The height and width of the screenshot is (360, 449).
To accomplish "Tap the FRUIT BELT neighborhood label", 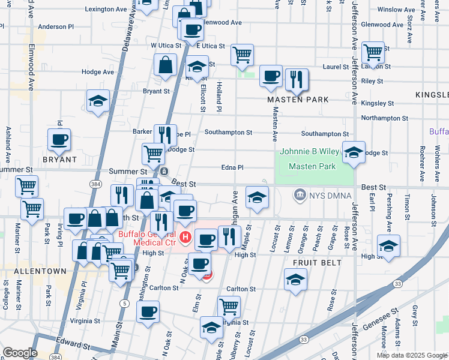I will click(x=317, y=263).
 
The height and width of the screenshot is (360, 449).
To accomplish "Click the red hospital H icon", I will click(x=185, y=238).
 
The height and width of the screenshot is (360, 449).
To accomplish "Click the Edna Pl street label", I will click(x=232, y=168).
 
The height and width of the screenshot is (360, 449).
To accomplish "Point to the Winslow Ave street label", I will click(x=396, y=10).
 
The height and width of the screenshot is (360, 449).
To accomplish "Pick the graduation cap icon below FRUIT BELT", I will click(x=295, y=280).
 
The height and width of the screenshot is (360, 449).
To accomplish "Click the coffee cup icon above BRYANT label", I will click(x=59, y=139).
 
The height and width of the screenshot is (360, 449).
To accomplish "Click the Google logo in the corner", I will click(x=20, y=352).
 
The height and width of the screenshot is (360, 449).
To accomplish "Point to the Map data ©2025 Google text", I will click(x=411, y=355).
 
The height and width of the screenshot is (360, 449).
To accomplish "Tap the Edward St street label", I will click(x=73, y=347).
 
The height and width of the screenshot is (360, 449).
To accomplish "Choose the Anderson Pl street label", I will click(x=55, y=27).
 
